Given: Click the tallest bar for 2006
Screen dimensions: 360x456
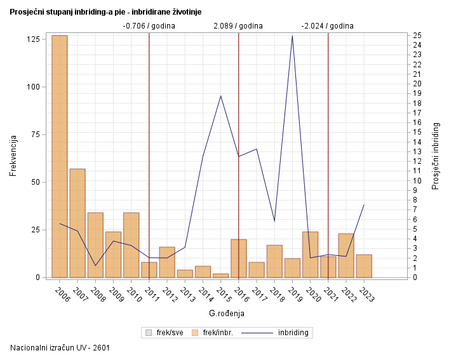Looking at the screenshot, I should (60, 156).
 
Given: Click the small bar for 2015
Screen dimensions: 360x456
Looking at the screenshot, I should (220, 276).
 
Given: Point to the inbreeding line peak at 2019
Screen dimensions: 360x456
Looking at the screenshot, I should (292, 36).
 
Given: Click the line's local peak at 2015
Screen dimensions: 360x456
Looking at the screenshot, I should (220, 96).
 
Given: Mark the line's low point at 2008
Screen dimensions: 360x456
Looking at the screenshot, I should (95, 265).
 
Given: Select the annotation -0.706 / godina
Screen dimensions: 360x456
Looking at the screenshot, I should (149, 26).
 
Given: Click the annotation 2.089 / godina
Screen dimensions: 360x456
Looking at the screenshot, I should (238, 26).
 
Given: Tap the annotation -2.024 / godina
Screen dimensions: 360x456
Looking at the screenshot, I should (328, 26).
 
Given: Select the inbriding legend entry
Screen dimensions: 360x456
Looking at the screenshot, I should (282, 332).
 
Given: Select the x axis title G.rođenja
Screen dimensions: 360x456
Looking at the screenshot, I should (227, 314).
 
